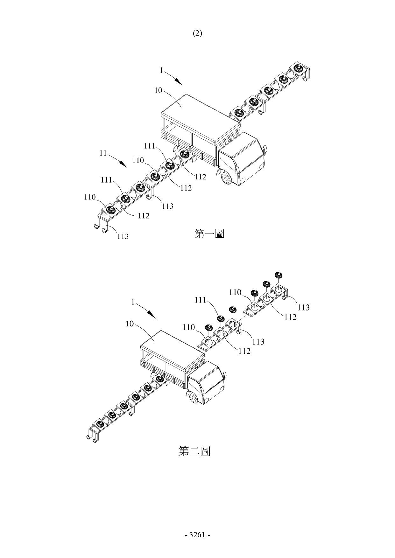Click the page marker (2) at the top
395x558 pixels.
(197, 33)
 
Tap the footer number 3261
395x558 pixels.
(197, 535)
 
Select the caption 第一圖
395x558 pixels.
(209, 234)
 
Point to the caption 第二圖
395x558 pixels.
(194, 451)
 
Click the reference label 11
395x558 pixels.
(103, 153)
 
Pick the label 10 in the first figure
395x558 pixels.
(158, 90)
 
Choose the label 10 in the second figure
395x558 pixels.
(130, 324)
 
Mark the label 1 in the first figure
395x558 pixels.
(161, 70)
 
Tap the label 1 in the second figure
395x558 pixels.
(133, 302)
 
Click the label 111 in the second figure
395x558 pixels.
(201, 300)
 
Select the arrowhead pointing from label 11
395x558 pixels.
(123, 164)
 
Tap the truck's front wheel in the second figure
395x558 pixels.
(194, 398)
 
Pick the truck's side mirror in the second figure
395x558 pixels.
(225, 375)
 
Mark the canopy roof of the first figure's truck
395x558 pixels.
(200, 117)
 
